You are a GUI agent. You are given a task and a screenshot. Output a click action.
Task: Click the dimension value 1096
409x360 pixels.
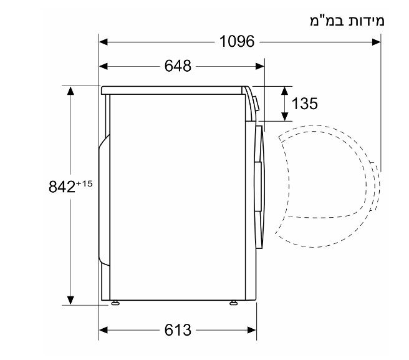coord(237,42)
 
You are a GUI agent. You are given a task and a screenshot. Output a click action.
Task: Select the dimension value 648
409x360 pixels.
coord(178,66)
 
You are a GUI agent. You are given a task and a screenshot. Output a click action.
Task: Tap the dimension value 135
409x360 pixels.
coord(304,104)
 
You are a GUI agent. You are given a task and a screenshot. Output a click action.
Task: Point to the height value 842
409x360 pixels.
coord(62,187)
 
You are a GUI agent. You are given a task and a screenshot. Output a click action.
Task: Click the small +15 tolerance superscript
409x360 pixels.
coord(84,184)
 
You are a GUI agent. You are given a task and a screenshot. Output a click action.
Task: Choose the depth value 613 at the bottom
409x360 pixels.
coord(178,330)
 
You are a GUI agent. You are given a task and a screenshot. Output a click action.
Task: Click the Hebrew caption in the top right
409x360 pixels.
coord(347,21)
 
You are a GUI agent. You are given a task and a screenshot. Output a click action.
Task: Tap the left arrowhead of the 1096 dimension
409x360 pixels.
coord(103,42)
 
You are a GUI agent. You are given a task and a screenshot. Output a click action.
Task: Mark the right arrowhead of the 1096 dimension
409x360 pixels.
coord(376,42)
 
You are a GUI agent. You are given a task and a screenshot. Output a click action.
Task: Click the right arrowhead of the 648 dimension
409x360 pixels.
coord(260,66)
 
